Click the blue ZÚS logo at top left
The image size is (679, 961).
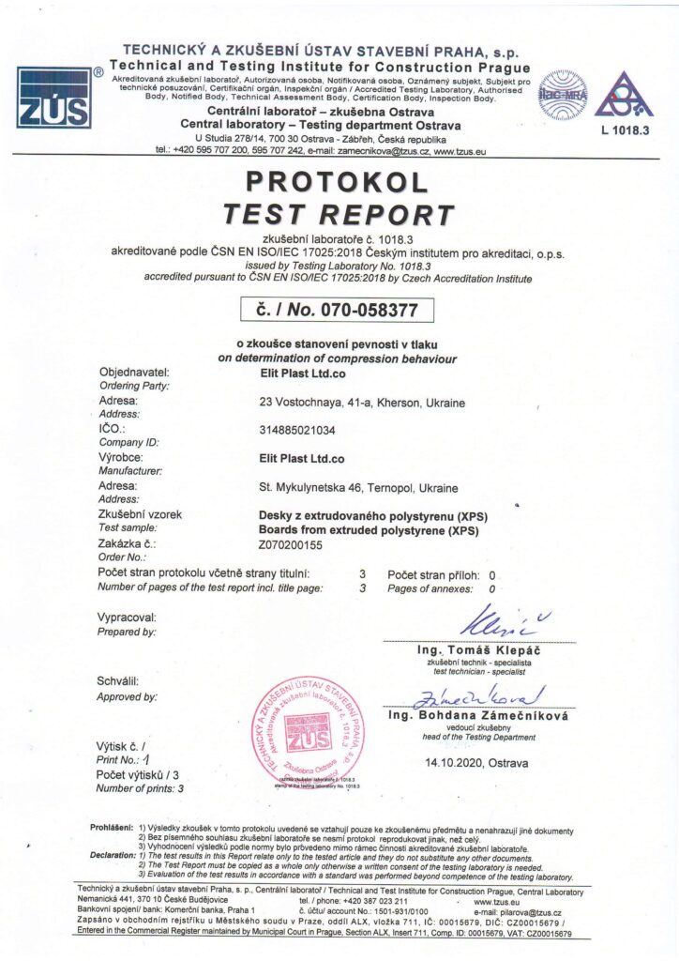tap(53, 97)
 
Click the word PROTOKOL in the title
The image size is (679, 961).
tap(339, 181)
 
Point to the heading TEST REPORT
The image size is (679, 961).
tap(339, 214)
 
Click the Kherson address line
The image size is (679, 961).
tap(362, 403)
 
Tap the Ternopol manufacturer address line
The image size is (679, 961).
tap(358, 488)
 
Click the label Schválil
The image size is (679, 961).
tap(118, 681)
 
